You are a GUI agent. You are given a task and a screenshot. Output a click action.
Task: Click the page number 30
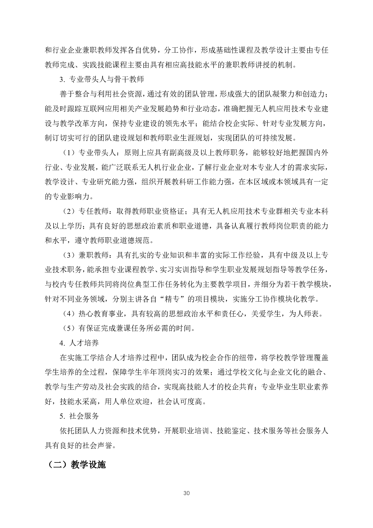(186, 493)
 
